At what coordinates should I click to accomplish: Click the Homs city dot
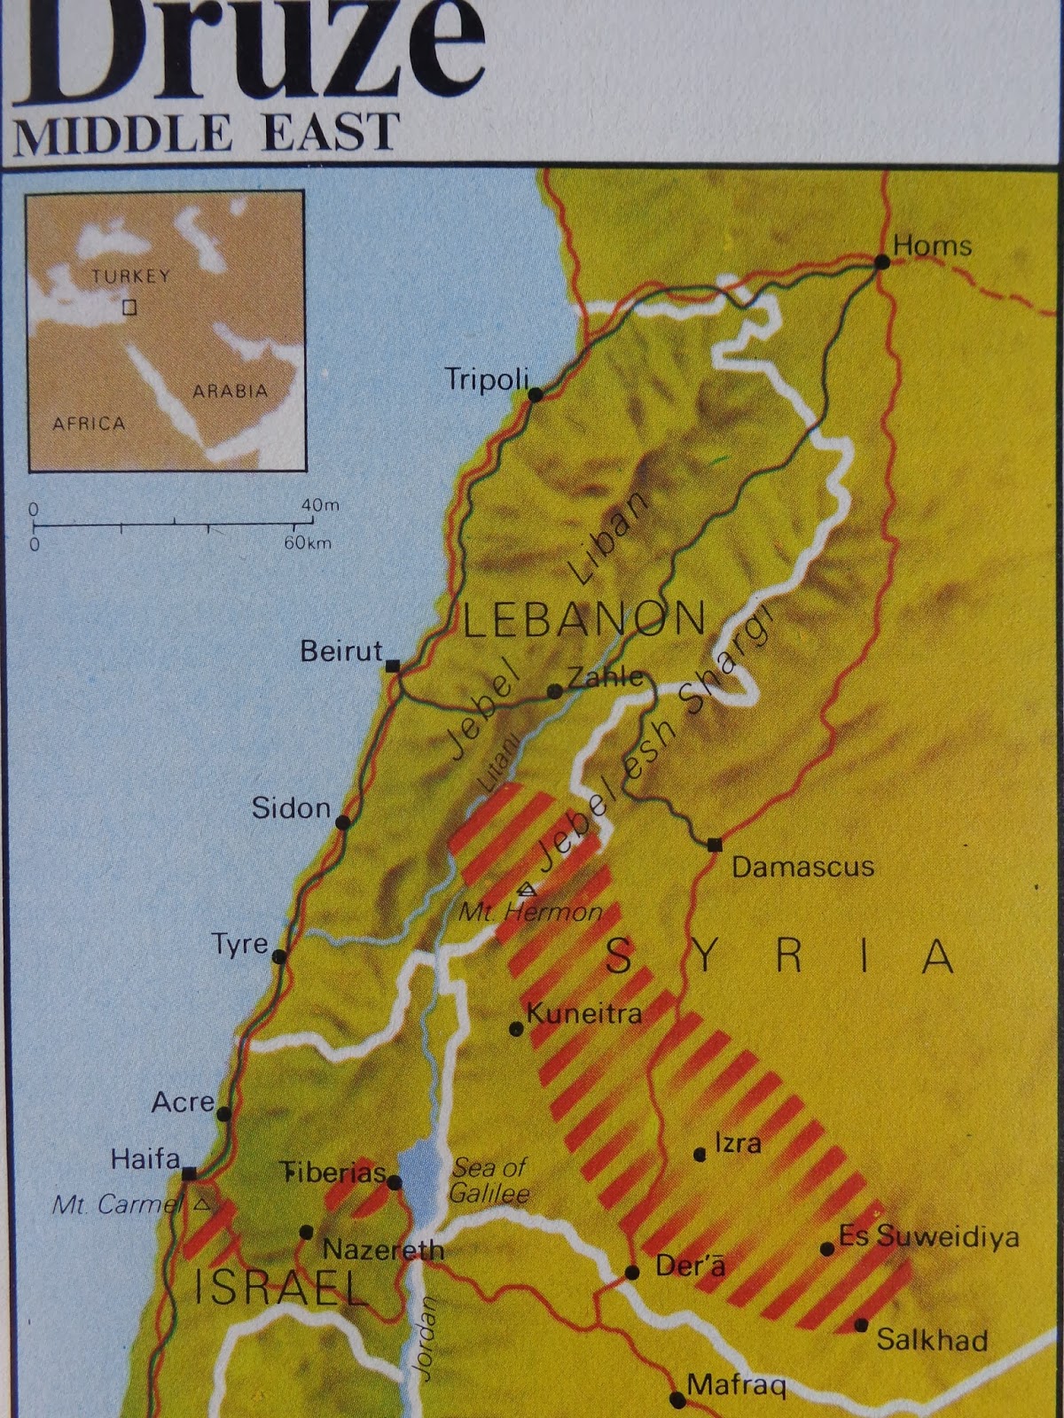tap(882, 262)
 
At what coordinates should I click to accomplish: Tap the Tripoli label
tap(487, 379)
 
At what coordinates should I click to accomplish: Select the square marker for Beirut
tap(393, 665)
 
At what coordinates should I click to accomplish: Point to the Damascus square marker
tap(715, 844)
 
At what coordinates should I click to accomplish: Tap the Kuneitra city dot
tap(516, 1029)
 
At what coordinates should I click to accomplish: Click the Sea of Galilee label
tap(489, 1180)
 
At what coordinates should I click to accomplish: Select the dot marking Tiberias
tap(395, 1182)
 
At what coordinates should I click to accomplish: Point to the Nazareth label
tap(383, 1250)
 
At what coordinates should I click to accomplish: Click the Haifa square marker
tap(189, 1173)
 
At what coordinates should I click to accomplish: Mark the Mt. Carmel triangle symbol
tap(203, 1204)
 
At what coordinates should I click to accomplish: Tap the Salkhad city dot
tap(861, 1326)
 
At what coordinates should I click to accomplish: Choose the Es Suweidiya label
tap(928, 1237)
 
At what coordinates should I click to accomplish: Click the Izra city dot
tap(700, 1154)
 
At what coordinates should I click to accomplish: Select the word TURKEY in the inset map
tap(130, 277)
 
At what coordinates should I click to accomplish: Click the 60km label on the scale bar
tap(308, 542)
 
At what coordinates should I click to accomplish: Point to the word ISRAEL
tap(281, 1289)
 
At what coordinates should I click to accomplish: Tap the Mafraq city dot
tap(677, 1400)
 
